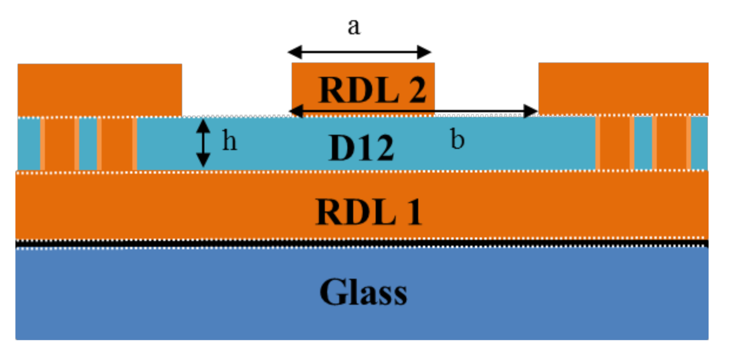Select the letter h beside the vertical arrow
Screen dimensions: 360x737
pyautogui.click(x=228, y=142)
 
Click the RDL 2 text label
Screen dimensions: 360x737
pyautogui.click(x=373, y=91)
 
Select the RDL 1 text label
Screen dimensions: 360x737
pyautogui.click(x=368, y=211)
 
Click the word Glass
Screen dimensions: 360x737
pyautogui.click(x=363, y=293)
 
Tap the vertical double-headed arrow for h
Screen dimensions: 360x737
pyautogui.click(x=204, y=144)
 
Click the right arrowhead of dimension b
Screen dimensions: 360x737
pyautogui.click(x=532, y=111)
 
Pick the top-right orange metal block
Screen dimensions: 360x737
pyautogui.click(x=623, y=88)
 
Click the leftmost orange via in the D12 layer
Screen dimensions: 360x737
pyautogui.click(x=59, y=144)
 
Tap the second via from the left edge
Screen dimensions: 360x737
pyautogui.click(x=117, y=144)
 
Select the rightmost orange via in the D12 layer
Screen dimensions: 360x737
pyautogui.click(x=672, y=144)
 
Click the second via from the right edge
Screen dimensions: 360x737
pyautogui.click(x=615, y=144)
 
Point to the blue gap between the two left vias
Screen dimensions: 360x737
pyautogui.click(x=88, y=144)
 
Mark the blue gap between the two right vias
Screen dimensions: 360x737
pyautogui.click(x=643, y=144)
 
